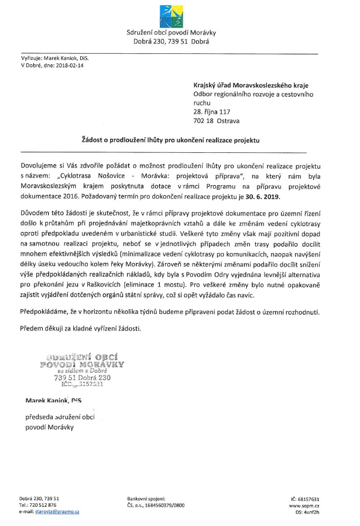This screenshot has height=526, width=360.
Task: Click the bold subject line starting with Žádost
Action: coord(170,141)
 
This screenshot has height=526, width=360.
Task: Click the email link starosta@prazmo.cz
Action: coord(57,511)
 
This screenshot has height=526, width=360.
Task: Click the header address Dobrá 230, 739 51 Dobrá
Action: coord(168,42)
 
